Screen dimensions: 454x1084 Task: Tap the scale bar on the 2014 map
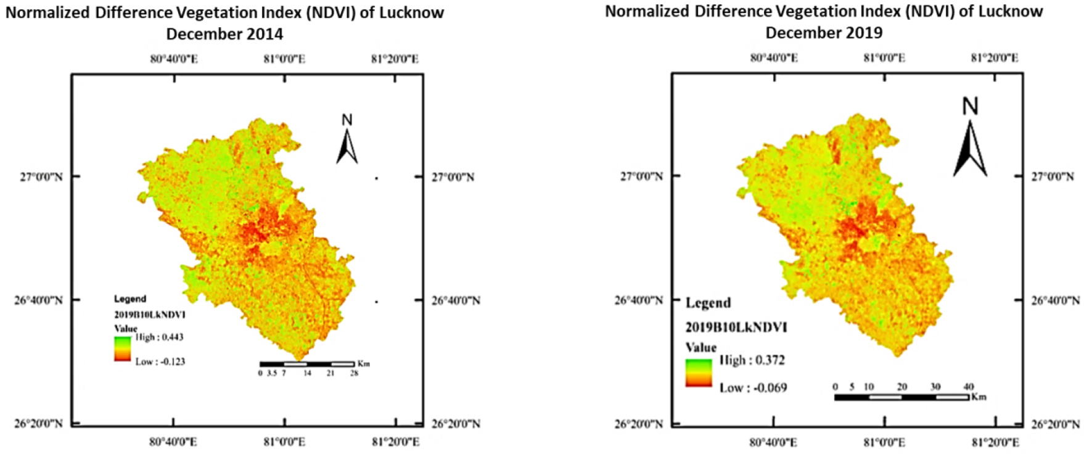(x=307, y=364)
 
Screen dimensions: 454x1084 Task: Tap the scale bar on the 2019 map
(x=901, y=397)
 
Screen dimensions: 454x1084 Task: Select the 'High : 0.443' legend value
(x=159, y=337)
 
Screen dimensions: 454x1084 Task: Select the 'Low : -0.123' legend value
(x=160, y=361)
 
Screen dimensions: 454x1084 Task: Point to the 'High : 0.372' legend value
(x=752, y=360)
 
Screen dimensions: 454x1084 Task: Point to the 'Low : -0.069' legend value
(x=753, y=388)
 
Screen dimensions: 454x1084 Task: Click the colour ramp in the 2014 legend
(x=122, y=349)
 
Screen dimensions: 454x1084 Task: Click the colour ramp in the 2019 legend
(x=699, y=373)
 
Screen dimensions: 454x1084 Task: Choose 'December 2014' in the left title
(x=224, y=33)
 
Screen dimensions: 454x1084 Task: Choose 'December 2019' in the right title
(x=824, y=32)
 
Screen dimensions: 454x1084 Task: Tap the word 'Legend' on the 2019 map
(x=708, y=303)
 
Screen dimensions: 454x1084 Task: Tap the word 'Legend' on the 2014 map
(x=130, y=299)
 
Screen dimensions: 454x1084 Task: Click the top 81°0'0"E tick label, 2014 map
(x=284, y=59)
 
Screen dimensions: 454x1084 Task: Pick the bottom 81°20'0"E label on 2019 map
(x=995, y=442)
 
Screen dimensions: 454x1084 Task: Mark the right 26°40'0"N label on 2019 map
(x=1056, y=301)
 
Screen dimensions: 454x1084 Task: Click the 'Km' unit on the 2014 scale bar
(x=363, y=364)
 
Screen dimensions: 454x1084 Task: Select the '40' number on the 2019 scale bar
(x=968, y=387)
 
